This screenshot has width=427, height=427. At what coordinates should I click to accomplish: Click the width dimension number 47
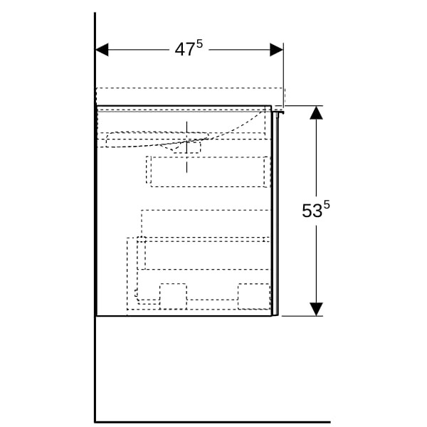184,50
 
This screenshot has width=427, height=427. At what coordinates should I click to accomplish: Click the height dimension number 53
312,211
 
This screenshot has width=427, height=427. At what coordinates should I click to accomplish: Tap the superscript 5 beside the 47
199,44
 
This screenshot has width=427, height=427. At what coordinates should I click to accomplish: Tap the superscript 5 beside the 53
326,205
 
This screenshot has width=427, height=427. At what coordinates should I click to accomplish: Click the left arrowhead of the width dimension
102,50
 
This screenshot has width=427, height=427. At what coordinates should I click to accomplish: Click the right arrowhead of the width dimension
276,50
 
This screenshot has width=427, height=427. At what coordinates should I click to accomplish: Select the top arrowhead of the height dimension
316,112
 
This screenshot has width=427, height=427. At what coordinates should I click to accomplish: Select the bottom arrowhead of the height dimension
316,309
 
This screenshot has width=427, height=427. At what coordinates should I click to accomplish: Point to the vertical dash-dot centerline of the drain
186,147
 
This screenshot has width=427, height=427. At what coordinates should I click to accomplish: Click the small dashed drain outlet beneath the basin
186,147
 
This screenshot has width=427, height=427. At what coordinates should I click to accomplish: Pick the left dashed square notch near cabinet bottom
173,297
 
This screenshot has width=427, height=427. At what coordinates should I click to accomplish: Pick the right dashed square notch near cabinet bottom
254,297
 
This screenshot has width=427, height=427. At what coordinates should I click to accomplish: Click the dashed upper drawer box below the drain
209,172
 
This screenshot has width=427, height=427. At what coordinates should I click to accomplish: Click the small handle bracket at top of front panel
278,112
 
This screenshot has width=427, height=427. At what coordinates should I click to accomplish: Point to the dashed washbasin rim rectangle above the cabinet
191,97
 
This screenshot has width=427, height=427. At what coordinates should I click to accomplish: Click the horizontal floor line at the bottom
212,422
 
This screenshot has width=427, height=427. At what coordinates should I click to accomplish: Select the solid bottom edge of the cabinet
184,316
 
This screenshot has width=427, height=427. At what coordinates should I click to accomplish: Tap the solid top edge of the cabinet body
184,105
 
